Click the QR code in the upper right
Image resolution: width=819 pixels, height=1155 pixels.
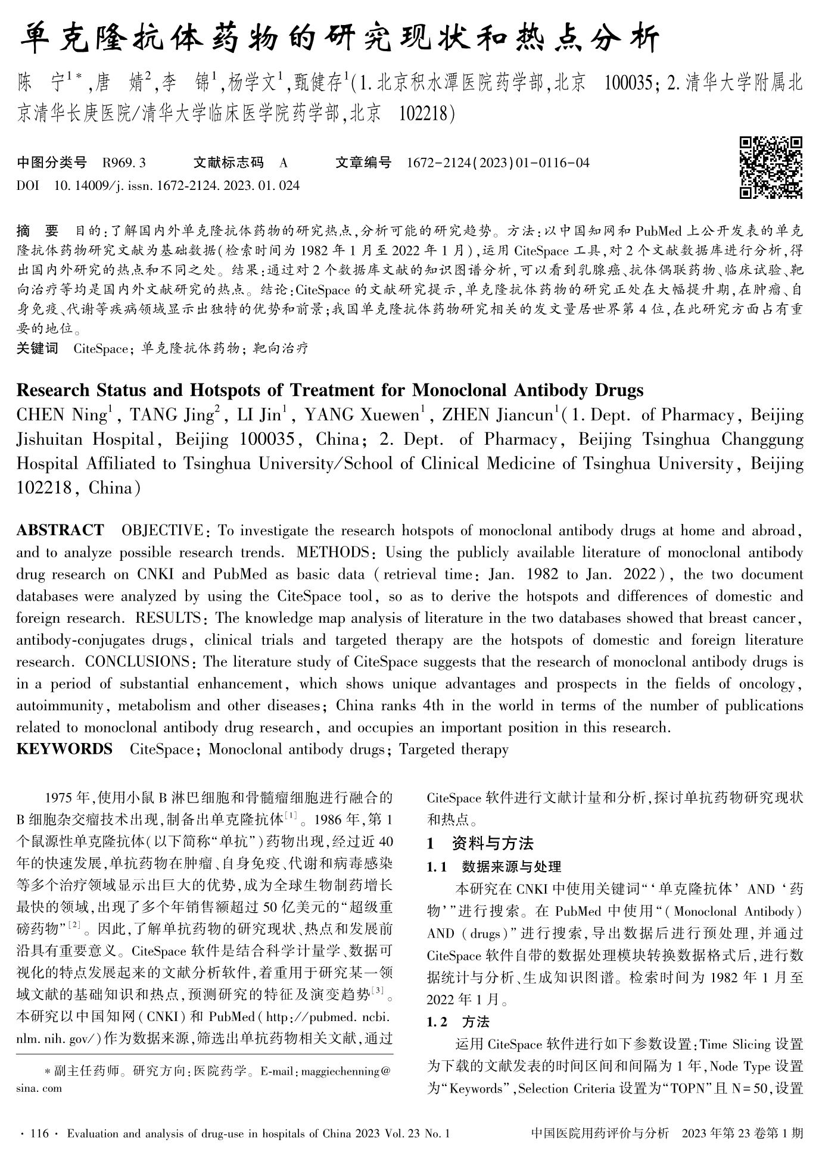[771, 167]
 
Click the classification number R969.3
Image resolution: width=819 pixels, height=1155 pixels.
[124, 163]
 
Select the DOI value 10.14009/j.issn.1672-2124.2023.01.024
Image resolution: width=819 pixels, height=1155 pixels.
[177, 186]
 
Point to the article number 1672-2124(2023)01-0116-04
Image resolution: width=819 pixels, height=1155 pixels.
[498, 163]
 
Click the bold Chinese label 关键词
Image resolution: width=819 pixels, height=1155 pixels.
[37, 348]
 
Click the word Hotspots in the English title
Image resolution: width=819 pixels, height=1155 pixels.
[226, 391]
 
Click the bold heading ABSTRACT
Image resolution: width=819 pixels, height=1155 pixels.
[60, 530]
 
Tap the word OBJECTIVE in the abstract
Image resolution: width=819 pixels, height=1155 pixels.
[161, 530]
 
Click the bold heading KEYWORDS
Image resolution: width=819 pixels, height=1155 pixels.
[64, 749]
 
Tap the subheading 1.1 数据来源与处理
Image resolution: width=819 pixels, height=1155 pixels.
[494, 866]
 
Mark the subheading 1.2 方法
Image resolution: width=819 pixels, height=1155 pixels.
[458, 1022]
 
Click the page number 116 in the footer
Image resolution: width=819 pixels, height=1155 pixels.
[39, 1134]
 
